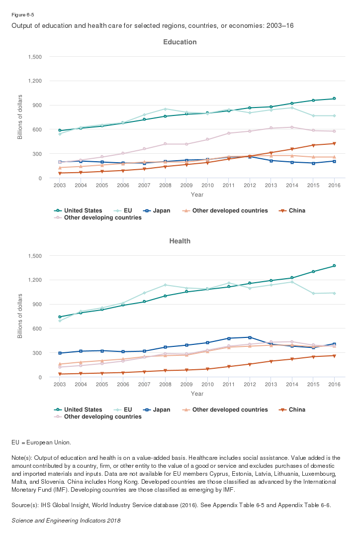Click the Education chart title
180,42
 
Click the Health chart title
180,241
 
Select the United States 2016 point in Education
334,99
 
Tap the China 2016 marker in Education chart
334,144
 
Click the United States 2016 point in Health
334,266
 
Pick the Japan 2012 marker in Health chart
250,337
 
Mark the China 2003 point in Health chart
60,374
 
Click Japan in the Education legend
158,211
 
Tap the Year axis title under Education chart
197,195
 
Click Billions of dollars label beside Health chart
20,317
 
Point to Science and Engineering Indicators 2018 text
66,521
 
